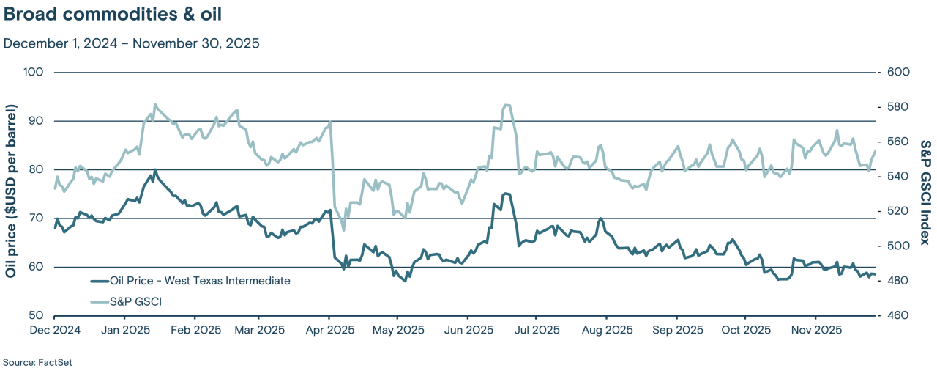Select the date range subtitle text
pyautogui.click(x=132, y=43)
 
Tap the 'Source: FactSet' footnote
pyautogui.click(x=37, y=362)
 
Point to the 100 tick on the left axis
pyautogui.click(x=35, y=73)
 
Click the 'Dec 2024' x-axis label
pyautogui.click(x=56, y=331)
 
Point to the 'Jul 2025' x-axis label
pyautogui.click(x=536, y=331)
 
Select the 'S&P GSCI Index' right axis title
pyautogui.click(x=926, y=194)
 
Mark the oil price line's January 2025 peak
pyautogui.click(x=154, y=171)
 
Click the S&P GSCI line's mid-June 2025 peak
pyautogui.click(x=507, y=105)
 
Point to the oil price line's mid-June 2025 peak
pyautogui.click(x=505, y=194)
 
